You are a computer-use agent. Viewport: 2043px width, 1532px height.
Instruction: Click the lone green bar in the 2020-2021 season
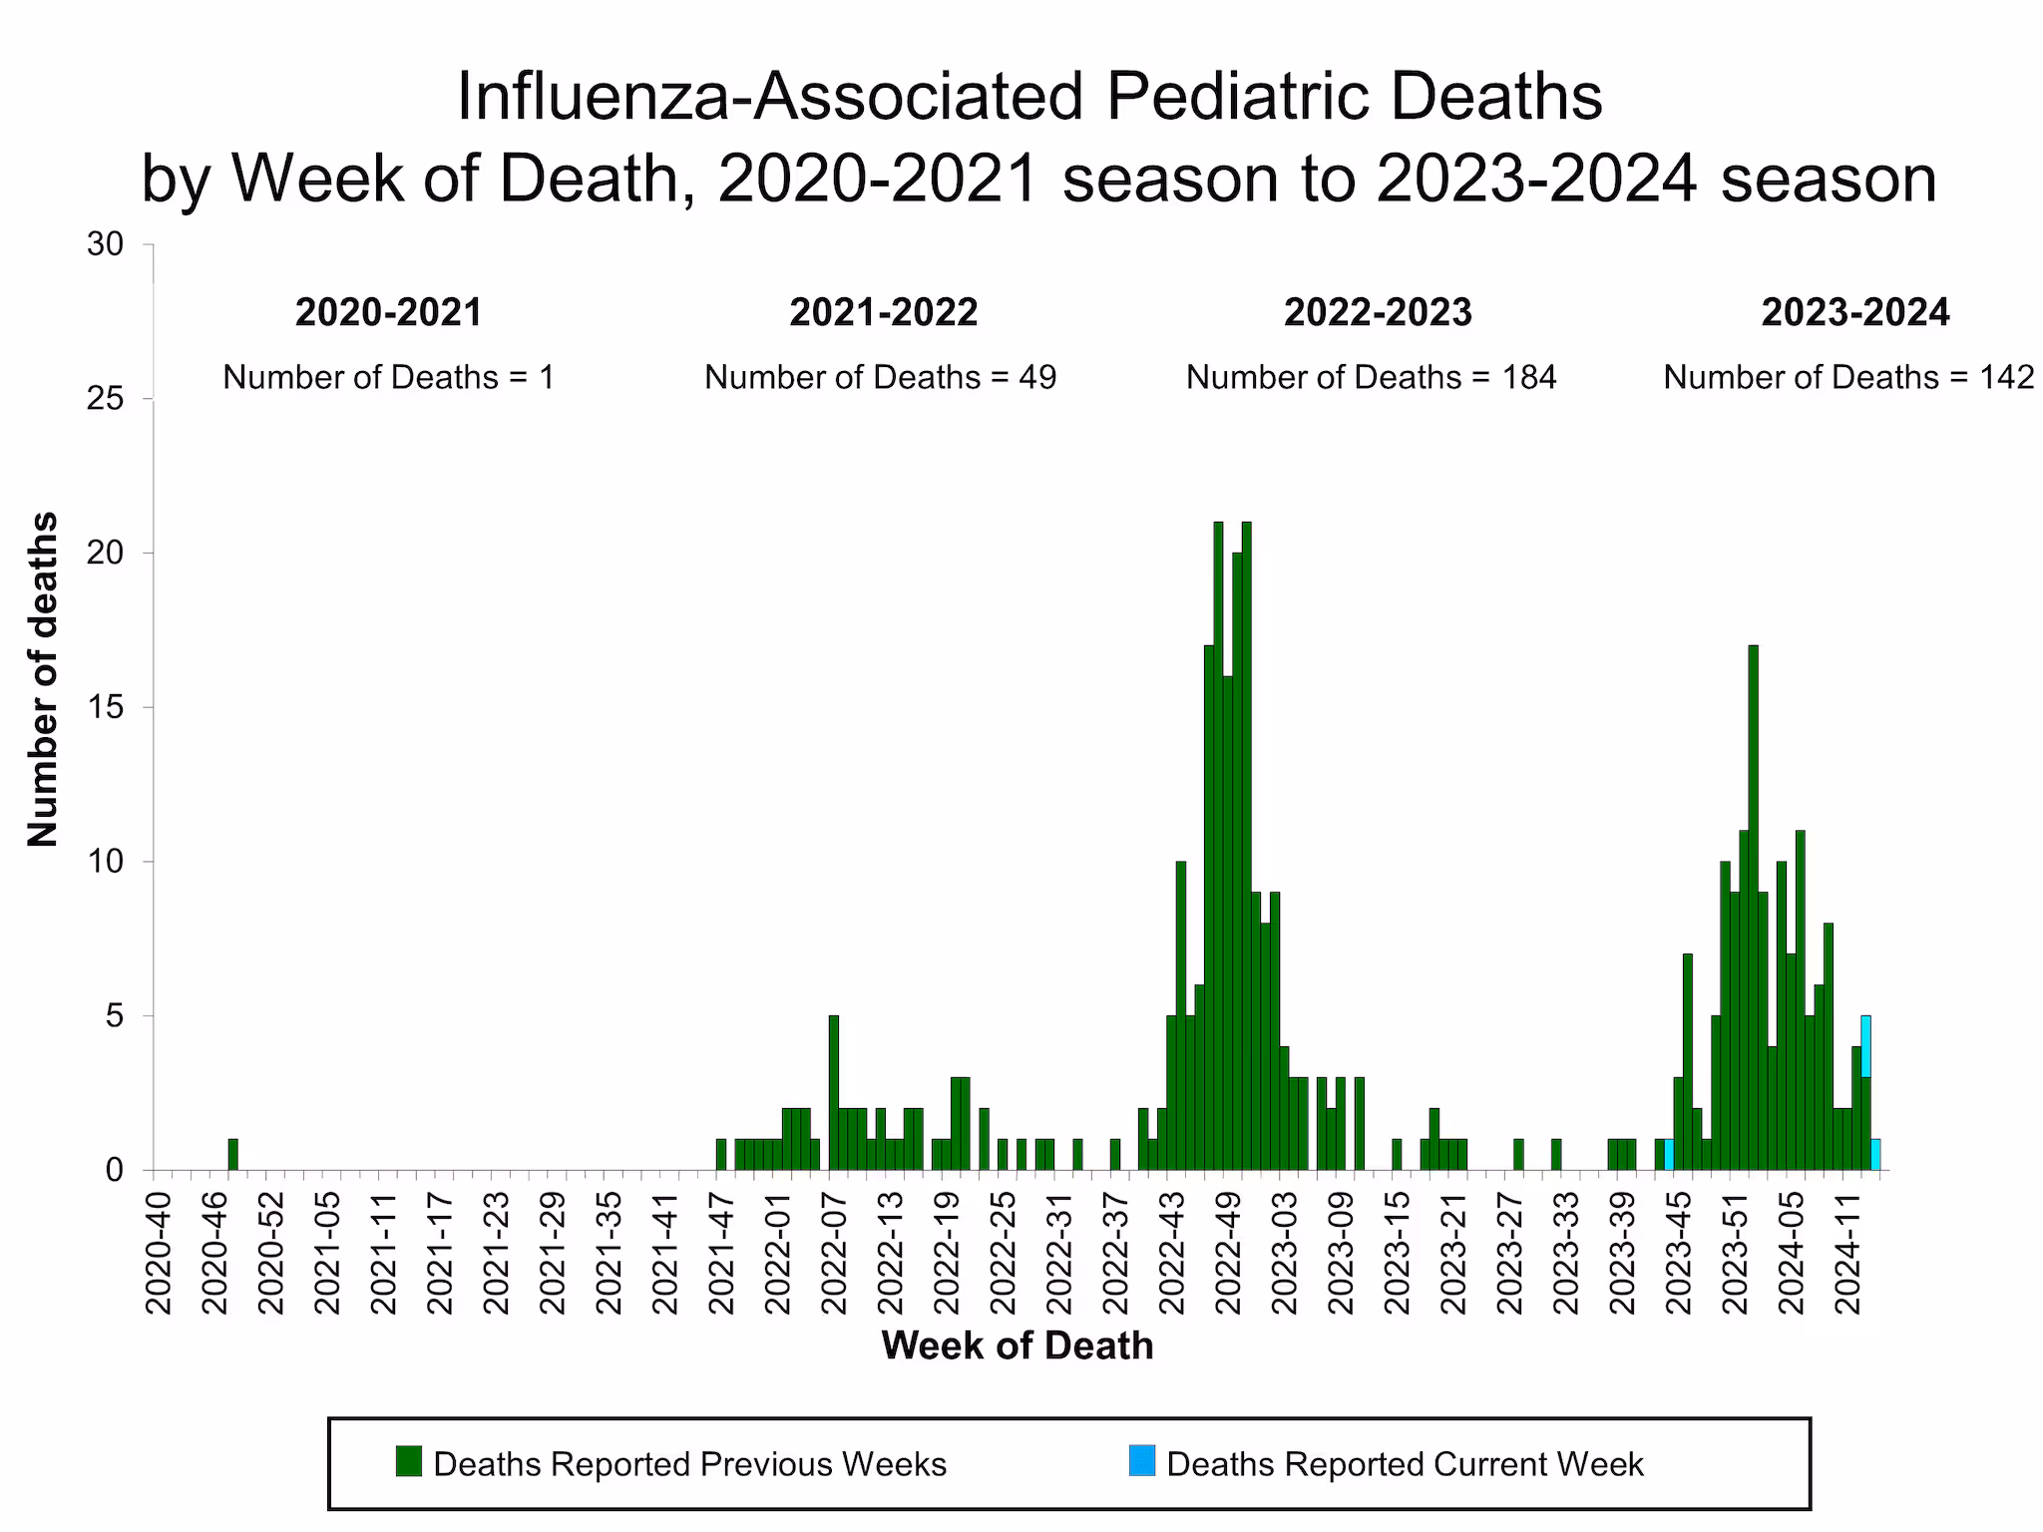tap(232, 1155)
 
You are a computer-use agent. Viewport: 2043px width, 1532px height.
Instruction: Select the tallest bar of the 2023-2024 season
tap(1753, 908)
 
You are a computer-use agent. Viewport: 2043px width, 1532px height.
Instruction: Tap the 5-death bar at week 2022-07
tap(834, 1093)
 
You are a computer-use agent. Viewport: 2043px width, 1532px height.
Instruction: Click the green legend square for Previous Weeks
tap(409, 1462)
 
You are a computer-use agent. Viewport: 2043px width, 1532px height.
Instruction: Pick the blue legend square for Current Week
tap(1142, 1462)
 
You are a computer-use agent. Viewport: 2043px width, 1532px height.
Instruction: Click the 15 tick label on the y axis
tap(106, 707)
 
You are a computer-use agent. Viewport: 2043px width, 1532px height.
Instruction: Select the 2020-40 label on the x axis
tap(159, 1251)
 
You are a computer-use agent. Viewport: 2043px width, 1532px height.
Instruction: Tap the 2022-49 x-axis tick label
tap(1229, 1251)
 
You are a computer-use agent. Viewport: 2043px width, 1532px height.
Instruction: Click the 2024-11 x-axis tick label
tap(1849, 1251)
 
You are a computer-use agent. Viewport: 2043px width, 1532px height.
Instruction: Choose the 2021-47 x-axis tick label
tap(722, 1251)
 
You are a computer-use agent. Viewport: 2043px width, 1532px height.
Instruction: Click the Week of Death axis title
tap(1017, 1345)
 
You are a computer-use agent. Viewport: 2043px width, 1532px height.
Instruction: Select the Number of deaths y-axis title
tap(42, 679)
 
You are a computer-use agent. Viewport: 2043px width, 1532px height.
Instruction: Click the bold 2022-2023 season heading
tap(1378, 313)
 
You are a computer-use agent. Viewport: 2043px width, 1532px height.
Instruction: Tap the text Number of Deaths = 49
tap(880, 377)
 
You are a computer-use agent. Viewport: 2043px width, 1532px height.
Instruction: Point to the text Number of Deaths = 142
tap(1847, 377)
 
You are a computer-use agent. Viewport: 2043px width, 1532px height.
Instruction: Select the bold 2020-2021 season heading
tap(388, 313)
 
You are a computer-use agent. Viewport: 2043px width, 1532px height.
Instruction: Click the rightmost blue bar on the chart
tap(1875, 1155)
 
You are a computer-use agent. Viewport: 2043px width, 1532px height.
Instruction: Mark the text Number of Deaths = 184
tap(1371, 377)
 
